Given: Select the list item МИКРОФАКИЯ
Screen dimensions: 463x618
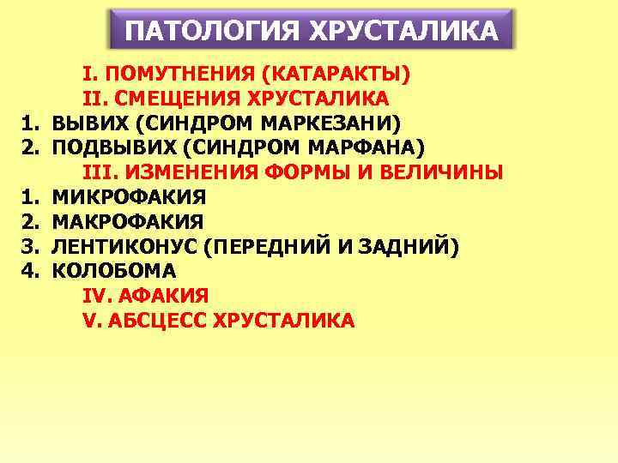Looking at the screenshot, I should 129,196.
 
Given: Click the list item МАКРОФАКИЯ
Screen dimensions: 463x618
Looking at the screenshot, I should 128,221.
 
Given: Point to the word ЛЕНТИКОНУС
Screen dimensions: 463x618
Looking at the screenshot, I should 126,246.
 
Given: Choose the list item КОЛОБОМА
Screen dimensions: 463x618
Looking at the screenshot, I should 114,271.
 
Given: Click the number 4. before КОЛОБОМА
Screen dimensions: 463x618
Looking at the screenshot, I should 31,271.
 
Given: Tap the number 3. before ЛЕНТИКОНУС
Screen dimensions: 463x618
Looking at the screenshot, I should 31,246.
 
